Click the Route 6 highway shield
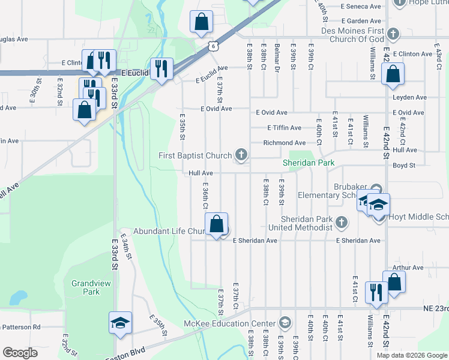213,46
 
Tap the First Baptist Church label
195,156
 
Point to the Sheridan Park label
304,163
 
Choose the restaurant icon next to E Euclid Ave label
161,69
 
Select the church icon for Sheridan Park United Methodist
341,223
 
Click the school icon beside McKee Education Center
284,323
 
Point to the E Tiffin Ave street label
285,128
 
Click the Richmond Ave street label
284,143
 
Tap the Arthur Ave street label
408,268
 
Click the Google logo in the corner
20,353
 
